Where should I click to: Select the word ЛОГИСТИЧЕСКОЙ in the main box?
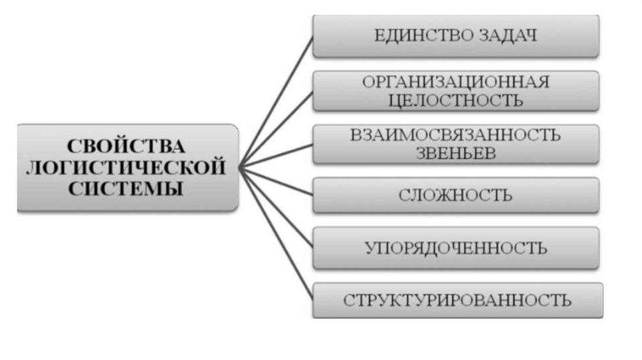127,167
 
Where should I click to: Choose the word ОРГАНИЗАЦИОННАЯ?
456,82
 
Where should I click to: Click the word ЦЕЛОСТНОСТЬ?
456,100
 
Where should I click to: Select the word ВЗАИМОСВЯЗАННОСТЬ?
456,134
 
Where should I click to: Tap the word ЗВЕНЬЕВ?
456,153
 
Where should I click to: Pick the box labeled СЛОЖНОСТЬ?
456,195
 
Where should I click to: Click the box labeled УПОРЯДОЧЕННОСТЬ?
456,248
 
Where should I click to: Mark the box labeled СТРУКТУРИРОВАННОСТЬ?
457,300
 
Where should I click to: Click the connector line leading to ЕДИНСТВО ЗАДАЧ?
276,100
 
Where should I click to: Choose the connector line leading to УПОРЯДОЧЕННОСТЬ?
276,208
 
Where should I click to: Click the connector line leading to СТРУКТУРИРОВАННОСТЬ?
276,232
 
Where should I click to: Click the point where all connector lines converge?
240,166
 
